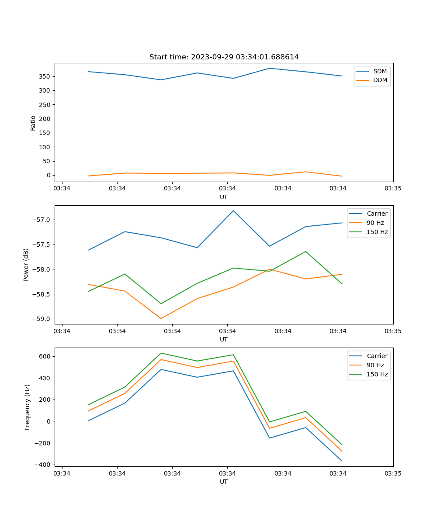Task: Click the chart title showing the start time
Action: pos(224,57)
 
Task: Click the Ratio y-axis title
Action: pos(33,123)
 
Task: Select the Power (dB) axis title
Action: pos(26,265)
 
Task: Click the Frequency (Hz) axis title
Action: pos(28,407)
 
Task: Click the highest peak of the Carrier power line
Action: pos(233,210)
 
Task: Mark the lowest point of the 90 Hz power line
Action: pos(161,318)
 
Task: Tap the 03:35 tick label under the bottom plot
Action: pos(393,473)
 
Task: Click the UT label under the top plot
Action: pos(224,197)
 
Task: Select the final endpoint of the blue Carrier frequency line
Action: pos(342,461)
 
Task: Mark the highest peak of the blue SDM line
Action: pos(270,68)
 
